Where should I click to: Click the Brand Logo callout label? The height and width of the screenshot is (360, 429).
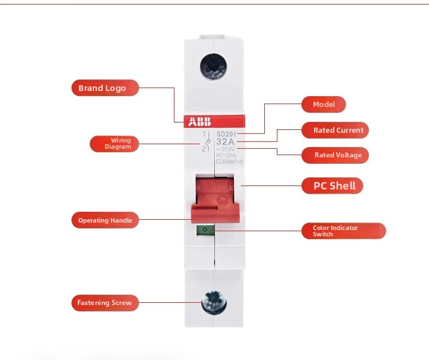tap(105, 88)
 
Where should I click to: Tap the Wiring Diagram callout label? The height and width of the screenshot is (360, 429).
tap(114, 144)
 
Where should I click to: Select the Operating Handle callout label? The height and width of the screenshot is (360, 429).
tap(105, 220)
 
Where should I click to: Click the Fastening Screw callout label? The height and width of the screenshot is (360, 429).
tap(105, 303)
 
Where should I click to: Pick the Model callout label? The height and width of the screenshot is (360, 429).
tap(324, 105)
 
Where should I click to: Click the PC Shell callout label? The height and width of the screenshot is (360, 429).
tap(332, 185)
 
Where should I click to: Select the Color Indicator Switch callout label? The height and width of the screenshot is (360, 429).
tap(343, 231)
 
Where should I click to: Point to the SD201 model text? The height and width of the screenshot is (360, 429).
tap(227, 134)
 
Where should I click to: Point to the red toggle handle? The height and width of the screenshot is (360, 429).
tap(213, 200)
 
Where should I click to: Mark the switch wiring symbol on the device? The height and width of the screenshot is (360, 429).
tap(204, 141)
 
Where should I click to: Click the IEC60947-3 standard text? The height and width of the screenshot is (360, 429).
tap(229, 162)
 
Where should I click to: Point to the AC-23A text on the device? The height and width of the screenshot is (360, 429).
tap(225, 155)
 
